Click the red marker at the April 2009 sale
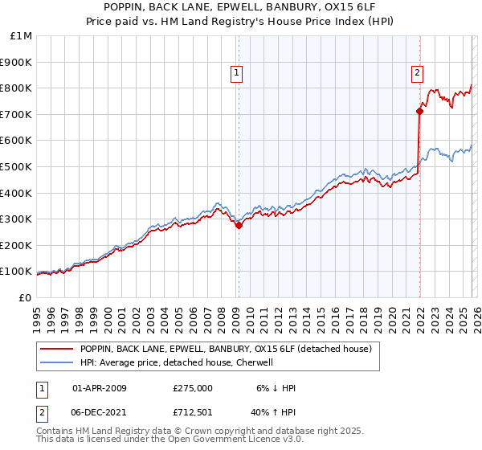click(239, 226)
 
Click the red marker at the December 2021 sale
click(419, 111)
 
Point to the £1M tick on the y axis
click(21, 36)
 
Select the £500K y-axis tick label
click(18, 166)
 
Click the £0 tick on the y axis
click(26, 297)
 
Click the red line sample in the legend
click(56, 350)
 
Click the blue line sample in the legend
click(56, 363)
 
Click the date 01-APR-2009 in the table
click(99, 388)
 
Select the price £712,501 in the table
click(192, 413)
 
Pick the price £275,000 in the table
click(192, 388)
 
